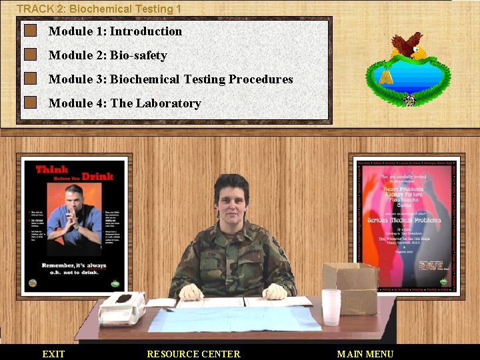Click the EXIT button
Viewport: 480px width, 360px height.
tap(53, 354)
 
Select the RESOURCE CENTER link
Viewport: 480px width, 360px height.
tap(193, 354)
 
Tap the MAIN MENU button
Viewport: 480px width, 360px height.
tap(365, 354)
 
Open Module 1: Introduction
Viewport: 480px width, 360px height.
tap(115, 31)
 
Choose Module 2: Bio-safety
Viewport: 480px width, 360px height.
tap(107, 55)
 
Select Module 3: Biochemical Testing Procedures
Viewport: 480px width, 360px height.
tap(171, 79)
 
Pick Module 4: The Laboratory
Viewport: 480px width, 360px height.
tap(125, 103)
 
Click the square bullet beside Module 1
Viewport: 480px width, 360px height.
tap(30, 31)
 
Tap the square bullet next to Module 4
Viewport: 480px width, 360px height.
tap(30, 103)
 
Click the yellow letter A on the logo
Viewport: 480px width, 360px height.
tap(385, 77)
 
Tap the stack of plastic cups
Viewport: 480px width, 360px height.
tap(331, 307)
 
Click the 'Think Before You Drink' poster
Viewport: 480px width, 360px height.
tap(75, 225)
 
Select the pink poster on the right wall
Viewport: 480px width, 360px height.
tap(406, 225)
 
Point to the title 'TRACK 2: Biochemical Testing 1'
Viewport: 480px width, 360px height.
tap(99, 9)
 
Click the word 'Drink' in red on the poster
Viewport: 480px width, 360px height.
tap(97, 176)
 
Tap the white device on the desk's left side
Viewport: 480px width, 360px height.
tap(121, 308)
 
